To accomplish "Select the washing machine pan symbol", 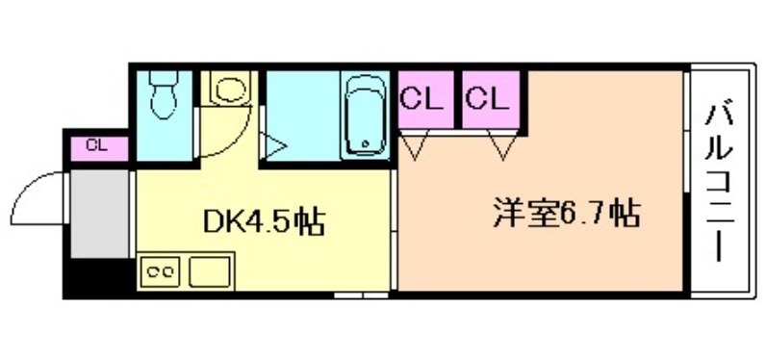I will point(229,90).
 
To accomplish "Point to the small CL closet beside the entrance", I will point(97,147).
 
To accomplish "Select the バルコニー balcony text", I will point(721,183).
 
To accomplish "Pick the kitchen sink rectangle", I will point(209,271).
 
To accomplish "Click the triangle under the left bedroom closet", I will point(416,144).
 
